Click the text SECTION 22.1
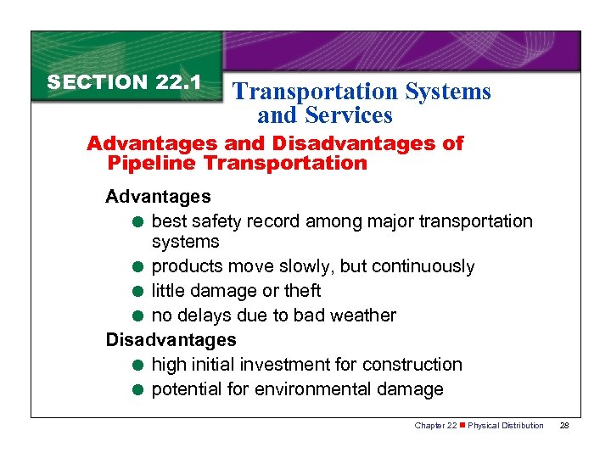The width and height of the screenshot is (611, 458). coord(123,82)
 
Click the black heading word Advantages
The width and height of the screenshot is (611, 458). coord(158,197)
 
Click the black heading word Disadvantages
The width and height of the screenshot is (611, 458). coord(171,340)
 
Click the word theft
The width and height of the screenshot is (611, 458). coord(301,291)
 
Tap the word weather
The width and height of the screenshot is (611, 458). coord(362,316)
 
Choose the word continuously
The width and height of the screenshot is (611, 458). coord(422,266)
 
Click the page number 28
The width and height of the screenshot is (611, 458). coord(564,425)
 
